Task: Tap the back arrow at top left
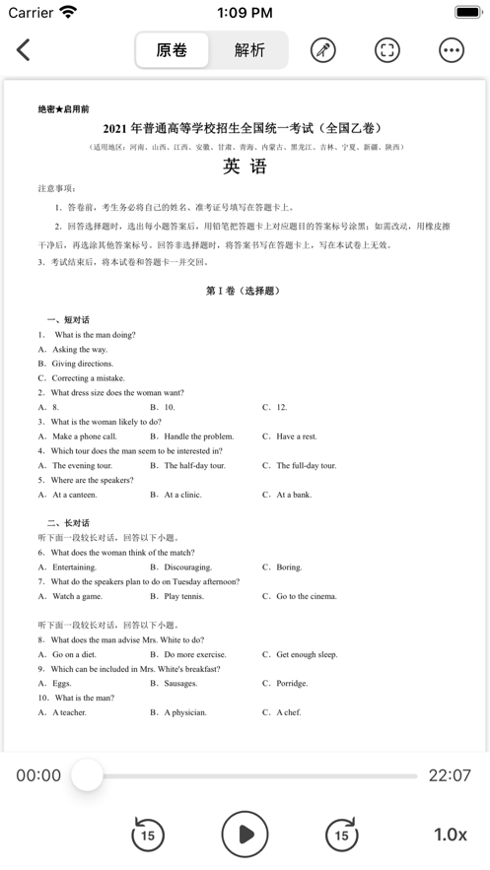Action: tap(24, 50)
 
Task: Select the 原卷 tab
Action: tap(172, 50)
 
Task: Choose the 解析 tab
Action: tap(249, 50)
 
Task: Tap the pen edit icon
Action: tap(323, 50)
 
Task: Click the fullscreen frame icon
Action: tap(387, 50)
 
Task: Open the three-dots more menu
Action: tap(452, 50)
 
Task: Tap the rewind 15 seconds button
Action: tap(148, 835)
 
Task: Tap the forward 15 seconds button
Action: tap(341, 835)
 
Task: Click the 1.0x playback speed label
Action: tap(450, 835)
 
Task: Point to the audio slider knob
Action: tap(88, 775)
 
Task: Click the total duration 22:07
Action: tap(450, 775)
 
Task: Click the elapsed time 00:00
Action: tap(38, 775)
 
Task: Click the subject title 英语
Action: tap(245, 167)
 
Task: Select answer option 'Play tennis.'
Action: tap(184, 596)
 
